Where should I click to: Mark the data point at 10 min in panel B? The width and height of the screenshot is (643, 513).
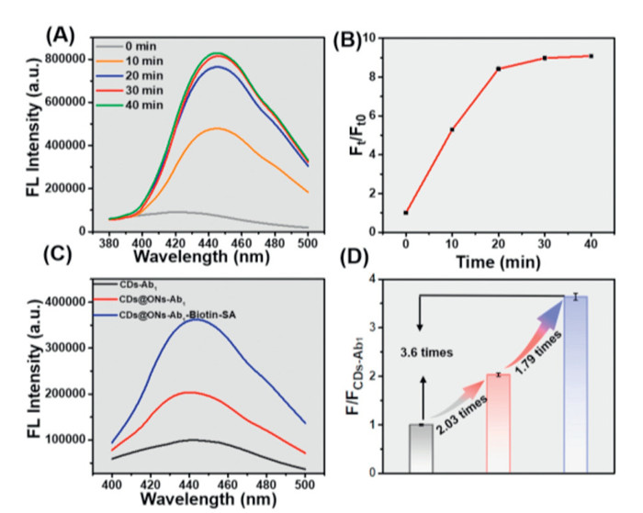tap(451, 129)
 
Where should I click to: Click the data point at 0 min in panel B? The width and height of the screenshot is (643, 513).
tap(406, 213)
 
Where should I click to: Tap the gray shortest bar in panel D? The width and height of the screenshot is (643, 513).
tap(420, 448)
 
